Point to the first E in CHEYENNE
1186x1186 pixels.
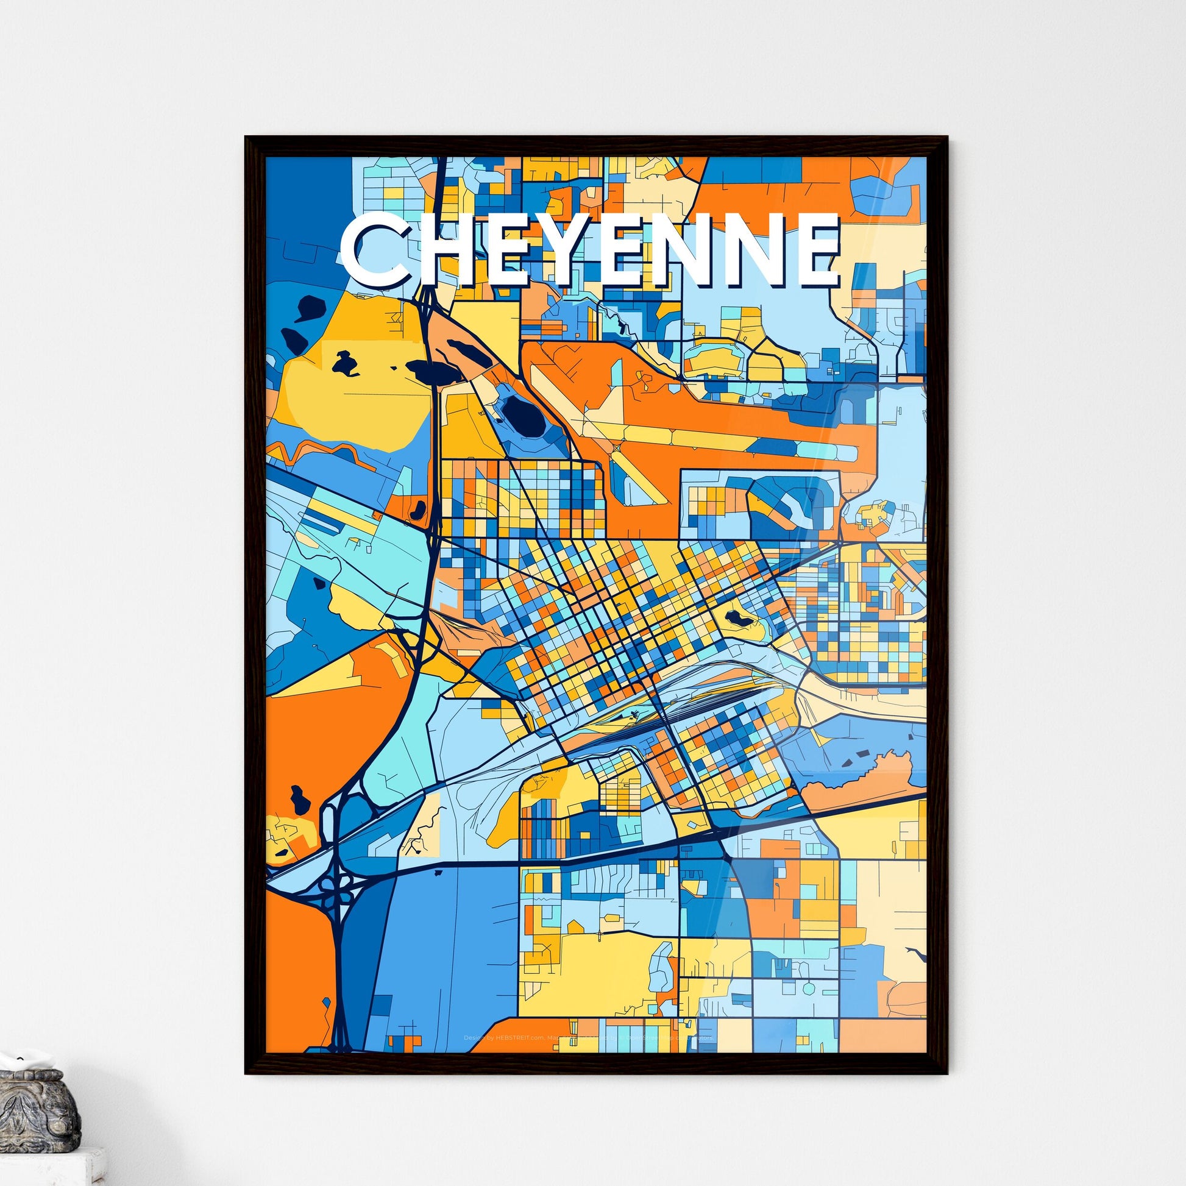pyautogui.click(x=513, y=250)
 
